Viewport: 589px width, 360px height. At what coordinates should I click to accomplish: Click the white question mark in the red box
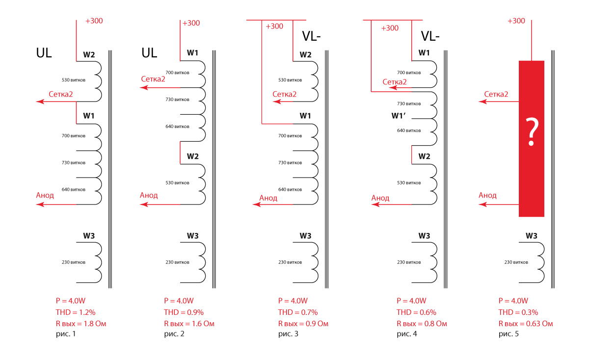(x=531, y=132)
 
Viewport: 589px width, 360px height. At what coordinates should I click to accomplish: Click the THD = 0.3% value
(x=518, y=312)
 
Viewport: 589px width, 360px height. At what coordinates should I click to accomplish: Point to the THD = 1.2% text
(x=76, y=312)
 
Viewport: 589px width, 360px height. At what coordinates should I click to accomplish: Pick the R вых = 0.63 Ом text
(x=526, y=323)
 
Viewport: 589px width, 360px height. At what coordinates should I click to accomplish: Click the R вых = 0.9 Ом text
(x=303, y=323)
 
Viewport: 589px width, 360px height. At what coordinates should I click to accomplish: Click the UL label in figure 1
(x=44, y=53)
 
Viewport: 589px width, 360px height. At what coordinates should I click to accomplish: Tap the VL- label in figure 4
(x=430, y=37)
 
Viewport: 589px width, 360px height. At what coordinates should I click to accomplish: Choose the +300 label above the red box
(x=516, y=21)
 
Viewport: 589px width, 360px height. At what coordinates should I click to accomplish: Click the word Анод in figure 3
(x=268, y=198)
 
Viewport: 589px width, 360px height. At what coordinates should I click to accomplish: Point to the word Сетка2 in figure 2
(x=153, y=79)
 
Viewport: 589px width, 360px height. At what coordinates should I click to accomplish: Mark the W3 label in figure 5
(x=532, y=236)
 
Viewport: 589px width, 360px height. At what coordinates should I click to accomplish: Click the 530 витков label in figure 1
(x=74, y=79)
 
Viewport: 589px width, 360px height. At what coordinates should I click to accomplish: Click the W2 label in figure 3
(x=305, y=54)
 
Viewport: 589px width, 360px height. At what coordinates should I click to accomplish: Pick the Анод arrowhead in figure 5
(x=482, y=204)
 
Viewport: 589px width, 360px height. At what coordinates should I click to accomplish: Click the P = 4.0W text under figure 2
(x=179, y=301)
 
